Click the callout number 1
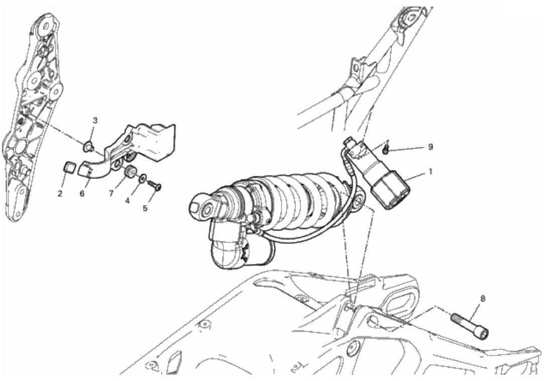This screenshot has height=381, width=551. tap(430, 172)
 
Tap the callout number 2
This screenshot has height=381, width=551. tap(60, 193)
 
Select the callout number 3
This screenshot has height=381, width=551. tap(95, 120)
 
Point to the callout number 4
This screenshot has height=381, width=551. tap(128, 201)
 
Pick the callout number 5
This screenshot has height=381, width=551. tap(145, 208)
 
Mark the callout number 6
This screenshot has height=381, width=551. tap(82, 193)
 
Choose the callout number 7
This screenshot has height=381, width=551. tap(111, 193)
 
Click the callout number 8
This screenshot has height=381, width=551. tap(483, 299)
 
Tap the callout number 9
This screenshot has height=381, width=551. tap(430, 147)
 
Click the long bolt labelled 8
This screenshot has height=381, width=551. tap(470, 325)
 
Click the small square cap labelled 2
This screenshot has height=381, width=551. tap(68, 167)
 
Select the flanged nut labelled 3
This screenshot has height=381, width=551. tap(88, 147)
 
